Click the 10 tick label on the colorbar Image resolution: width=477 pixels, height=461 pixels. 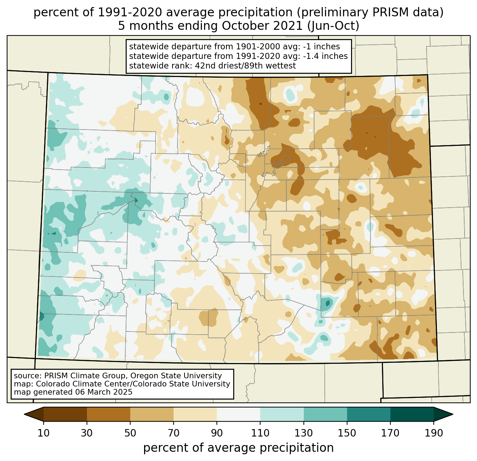pyautogui.click(x=44, y=433)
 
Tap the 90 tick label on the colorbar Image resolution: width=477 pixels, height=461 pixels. pyautogui.click(x=217, y=433)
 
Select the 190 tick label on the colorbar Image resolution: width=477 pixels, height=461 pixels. pyautogui.click(x=434, y=433)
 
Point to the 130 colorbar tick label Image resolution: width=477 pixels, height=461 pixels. pyautogui.click(x=303, y=433)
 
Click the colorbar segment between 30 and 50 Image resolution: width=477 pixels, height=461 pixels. pyautogui.click(x=109, y=414)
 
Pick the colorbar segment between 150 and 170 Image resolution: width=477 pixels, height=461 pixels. pyautogui.click(x=368, y=414)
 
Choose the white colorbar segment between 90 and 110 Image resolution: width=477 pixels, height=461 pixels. pyautogui.click(x=238, y=414)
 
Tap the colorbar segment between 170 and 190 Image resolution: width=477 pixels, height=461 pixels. pyautogui.click(x=412, y=414)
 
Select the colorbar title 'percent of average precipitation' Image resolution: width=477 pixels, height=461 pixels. pyautogui.click(x=238, y=448)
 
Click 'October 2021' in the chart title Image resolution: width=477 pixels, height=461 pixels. pyautogui.click(x=263, y=26)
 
